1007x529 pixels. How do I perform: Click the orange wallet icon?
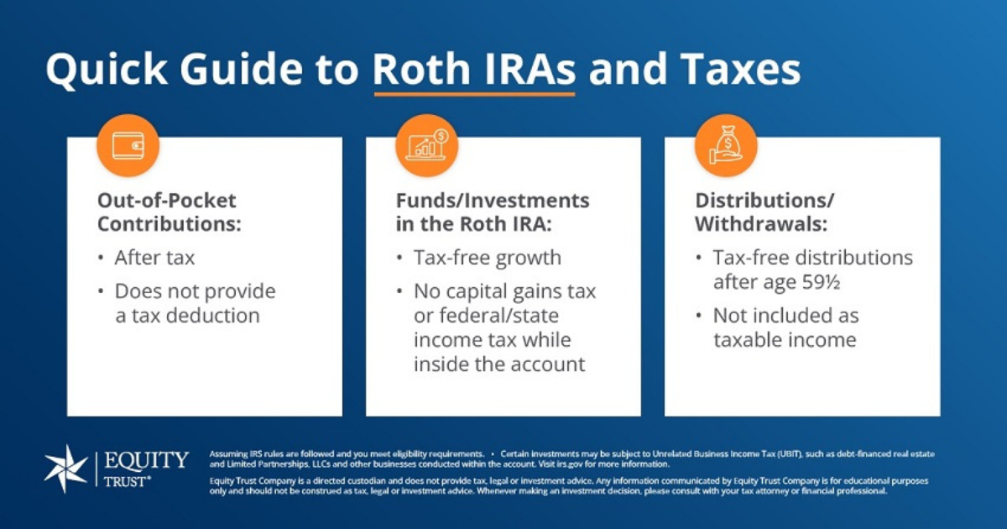click(128, 144)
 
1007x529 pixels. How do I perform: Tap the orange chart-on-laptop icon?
click(427, 144)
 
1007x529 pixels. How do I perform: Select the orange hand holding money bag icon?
click(726, 144)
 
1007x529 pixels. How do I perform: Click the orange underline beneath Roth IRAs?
click(474, 94)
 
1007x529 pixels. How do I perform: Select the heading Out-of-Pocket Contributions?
click(167, 212)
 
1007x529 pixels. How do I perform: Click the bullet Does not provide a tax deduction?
click(195, 303)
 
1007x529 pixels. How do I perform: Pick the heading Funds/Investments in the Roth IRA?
click(493, 212)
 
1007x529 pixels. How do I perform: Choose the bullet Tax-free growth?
click(487, 258)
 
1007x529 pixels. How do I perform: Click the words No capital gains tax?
click(504, 291)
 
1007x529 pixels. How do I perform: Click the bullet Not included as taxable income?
click(785, 327)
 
